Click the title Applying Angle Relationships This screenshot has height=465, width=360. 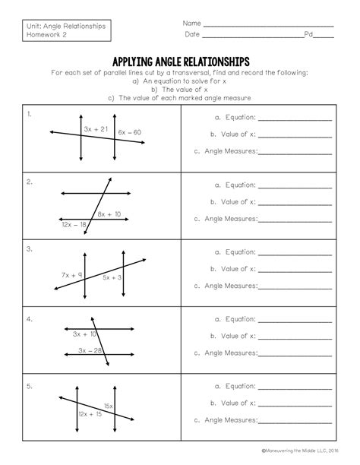point(180,61)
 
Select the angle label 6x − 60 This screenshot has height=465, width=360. point(130,132)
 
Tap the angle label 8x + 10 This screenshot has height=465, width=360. point(109,215)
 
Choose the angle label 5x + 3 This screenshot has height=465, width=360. point(112,278)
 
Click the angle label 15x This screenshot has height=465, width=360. point(109,406)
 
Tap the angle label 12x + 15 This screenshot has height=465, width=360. point(90,414)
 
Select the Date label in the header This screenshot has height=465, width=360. point(191,35)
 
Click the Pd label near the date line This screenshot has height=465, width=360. point(308,35)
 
